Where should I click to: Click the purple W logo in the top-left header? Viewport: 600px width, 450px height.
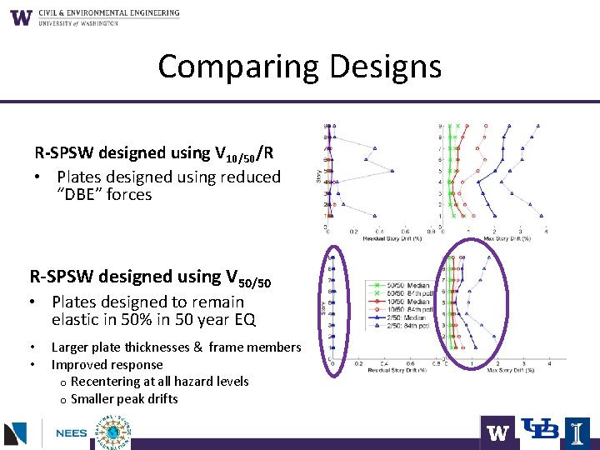22,17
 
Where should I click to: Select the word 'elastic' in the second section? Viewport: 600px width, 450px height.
77,319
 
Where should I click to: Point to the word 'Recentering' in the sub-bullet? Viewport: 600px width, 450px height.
109,382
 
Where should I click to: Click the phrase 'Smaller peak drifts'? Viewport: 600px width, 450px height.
124,399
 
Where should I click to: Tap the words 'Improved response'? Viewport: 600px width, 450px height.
107,365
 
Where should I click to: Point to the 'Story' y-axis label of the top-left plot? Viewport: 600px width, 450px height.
317,177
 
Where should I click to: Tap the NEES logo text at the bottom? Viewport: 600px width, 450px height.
71,434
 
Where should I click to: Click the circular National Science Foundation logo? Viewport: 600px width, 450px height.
113,432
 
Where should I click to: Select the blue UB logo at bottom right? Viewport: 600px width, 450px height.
539,430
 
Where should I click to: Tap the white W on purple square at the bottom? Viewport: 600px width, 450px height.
497,432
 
